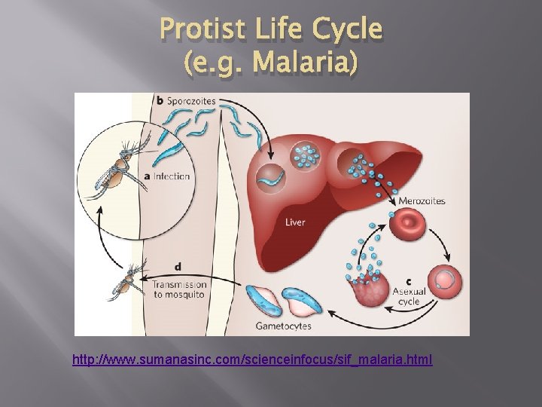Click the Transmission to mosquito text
[x=181, y=290]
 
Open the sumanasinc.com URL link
[x=252, y=360]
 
